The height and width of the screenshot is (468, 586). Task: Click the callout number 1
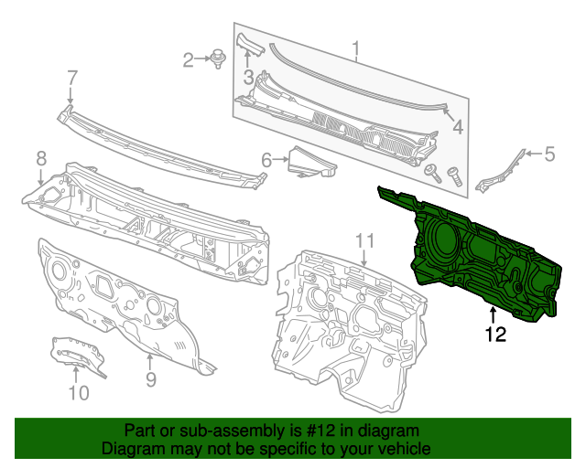tap(357, 48)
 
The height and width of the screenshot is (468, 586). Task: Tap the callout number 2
tap(188, 60)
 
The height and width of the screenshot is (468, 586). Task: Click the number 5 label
tap(549, 154)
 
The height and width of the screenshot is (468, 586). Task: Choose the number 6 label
tap(266, 161)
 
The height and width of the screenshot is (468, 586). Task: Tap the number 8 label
tap(40, 158)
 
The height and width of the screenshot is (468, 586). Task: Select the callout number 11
tap(365, 240)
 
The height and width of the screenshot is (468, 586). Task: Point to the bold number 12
tap(494, 335)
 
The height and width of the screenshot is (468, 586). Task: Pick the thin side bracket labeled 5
tap(499, 171)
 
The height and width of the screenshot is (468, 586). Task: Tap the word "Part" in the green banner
tap(141, 431)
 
